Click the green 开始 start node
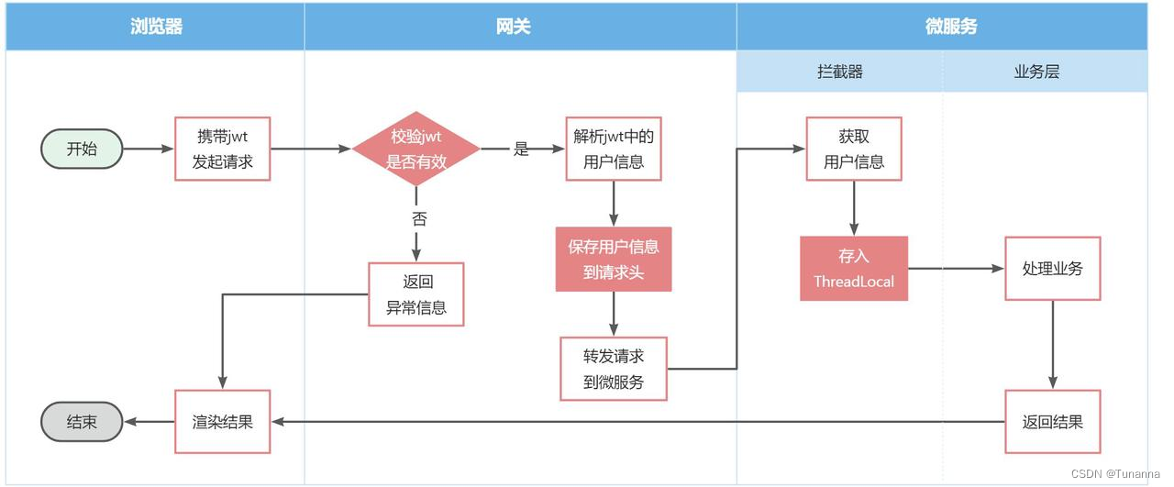tap(82, 149)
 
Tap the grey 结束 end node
tap(82, 422)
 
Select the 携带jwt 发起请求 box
tap(223, 149)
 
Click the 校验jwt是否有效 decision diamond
tap(416, 149)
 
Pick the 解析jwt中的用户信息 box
tap(614, 149)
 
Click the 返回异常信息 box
tap(416, 294)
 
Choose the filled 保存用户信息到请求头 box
tap(614, 259)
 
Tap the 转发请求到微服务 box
tap(614, 369)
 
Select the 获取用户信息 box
tap(854, 149)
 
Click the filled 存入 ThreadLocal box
tap(854, 269)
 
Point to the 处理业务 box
tap(1052, 269)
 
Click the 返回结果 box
tap(1052, 422)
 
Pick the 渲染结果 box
tap(223, 422)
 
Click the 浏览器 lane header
tap(156, 26)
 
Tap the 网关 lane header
tap(520, 26)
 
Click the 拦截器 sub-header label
tap(840, 72)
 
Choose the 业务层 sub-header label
tap(1036, 72)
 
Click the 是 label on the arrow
tap(521, 149)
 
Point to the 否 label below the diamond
tap(418, 218)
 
